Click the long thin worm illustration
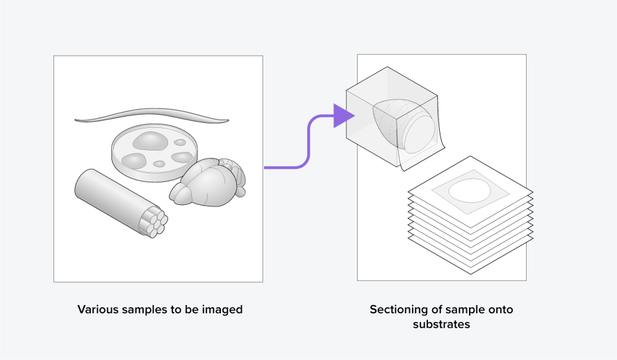click(x=152, y=115)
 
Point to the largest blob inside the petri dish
click(x=148, y=141)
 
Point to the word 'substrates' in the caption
click(x=441, y=325)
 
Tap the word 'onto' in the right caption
click(x=500, y=309)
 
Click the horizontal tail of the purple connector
click(x=281, y=167)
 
